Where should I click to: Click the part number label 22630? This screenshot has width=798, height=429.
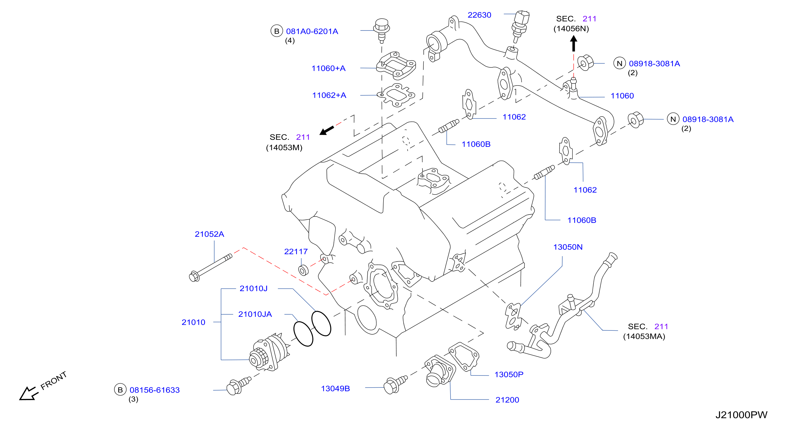479,15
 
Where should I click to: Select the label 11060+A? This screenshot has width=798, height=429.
328,68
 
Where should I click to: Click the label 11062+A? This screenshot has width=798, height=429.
329,95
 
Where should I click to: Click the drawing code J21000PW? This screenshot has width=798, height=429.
741,415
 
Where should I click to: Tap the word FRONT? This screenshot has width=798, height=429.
54,380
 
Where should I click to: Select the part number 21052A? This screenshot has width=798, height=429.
209,234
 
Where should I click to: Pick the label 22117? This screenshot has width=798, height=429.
296,252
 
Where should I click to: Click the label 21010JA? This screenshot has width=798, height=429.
255,314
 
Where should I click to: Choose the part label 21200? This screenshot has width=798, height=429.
507,400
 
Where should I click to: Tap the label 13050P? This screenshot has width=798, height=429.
509,374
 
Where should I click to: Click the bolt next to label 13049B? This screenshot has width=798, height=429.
396,385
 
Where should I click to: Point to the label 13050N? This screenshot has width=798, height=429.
568,247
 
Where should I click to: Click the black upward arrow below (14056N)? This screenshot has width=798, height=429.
573,43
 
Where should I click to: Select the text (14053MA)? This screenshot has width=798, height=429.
644,336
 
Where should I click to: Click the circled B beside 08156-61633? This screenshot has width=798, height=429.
120,390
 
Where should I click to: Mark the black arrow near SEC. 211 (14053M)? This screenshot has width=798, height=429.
327,130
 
